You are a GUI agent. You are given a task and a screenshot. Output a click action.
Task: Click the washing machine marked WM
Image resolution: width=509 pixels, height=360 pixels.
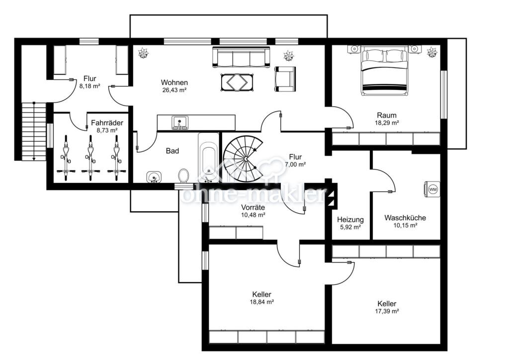(432, 189)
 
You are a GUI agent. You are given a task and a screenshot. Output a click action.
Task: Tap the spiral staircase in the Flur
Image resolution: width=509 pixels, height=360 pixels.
(244, 159)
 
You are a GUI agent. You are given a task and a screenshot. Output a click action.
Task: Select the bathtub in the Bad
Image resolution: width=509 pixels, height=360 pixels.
(208, 158)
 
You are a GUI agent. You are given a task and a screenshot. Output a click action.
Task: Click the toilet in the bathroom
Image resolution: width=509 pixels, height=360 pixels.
(184, 176)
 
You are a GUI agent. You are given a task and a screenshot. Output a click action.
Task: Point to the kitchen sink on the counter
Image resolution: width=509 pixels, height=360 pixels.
(179, 123)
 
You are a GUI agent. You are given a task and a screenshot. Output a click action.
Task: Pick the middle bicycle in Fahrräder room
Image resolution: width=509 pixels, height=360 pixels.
(89, 158)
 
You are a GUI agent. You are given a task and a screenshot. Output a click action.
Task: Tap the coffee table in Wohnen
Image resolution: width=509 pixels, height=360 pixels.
(237, 83)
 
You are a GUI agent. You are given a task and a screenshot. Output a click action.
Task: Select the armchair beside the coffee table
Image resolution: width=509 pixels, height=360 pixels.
(285, 79)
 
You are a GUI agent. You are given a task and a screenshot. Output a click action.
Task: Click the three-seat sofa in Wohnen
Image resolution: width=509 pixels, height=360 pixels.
(241, 57)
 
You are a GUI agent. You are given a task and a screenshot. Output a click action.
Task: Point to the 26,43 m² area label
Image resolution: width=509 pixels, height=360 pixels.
(174, 90)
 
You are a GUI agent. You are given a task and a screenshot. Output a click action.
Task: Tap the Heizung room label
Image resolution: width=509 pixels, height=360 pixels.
(350, 220)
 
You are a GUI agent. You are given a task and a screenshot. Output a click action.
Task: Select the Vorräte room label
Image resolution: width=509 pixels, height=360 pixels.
(253, 207)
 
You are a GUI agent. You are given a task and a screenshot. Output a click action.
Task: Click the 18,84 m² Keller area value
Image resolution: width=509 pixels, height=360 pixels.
(261, 302)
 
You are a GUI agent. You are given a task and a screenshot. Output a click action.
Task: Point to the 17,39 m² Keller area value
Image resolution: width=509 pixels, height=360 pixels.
(387, 311)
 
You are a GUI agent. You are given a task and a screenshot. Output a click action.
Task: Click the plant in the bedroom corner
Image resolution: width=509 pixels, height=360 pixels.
(432, 52)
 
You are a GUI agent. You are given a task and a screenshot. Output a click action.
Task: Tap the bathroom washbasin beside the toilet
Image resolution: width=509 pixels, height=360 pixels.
(154, 177)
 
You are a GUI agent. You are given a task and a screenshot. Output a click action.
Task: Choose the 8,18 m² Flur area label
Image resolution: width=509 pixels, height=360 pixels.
(89, 87)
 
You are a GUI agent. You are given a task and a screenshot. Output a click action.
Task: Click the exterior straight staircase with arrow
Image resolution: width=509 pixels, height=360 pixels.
(34, 131)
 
